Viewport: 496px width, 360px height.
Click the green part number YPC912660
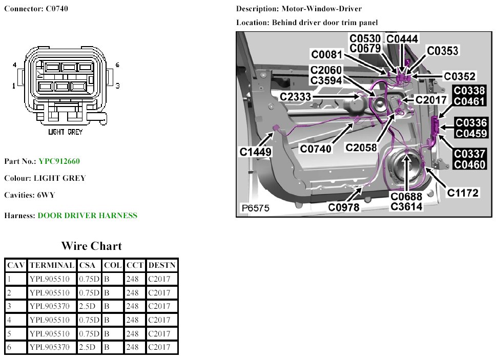click(59, 161)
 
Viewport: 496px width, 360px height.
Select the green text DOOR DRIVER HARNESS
click(88, 216)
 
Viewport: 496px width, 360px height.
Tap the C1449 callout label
click(255, 152)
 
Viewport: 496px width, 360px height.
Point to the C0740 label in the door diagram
click(316, 149)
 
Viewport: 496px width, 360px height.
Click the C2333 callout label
click(296, 96)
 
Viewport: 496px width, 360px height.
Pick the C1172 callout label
click(462, 193)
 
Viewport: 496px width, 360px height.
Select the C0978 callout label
click(344, 207)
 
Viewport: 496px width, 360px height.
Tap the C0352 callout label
click(460, 76)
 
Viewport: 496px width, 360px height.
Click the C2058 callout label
click(361, 147)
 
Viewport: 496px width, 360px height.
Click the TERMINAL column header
click(51, 265)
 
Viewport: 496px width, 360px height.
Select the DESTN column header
click(161, 265)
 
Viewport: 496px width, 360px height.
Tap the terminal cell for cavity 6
click(51, 348)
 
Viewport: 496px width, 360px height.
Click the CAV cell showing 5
click(15, 334)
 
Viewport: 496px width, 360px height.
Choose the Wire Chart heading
click(91, 246)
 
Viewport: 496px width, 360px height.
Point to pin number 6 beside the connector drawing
click(117, 65)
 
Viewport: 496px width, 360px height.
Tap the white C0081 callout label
click(328, 55)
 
